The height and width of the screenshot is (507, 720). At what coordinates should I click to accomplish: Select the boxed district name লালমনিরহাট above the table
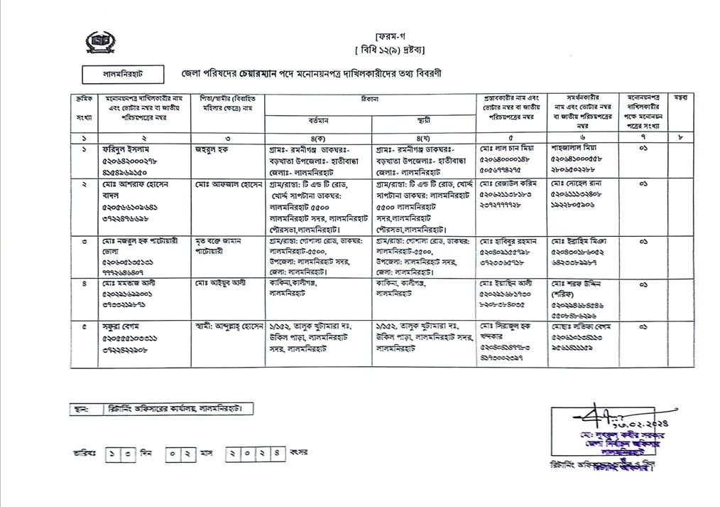click(x=123, y=74)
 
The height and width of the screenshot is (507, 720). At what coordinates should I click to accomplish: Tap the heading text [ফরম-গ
click(x=390, y=35)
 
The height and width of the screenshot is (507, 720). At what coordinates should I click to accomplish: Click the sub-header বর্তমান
click(x=317, y=121)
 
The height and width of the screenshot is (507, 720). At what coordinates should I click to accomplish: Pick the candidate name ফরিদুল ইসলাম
click(x=129, y=149)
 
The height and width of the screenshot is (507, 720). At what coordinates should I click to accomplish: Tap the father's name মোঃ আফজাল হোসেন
click(x=224, y=183)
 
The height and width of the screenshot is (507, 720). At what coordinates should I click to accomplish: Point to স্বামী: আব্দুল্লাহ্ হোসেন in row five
click(x=229, y=326)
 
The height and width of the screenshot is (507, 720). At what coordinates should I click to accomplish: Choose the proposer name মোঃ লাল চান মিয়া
click(x=506, y=149)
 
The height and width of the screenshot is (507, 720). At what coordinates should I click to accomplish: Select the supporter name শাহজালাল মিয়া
click(x=576, y=149)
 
